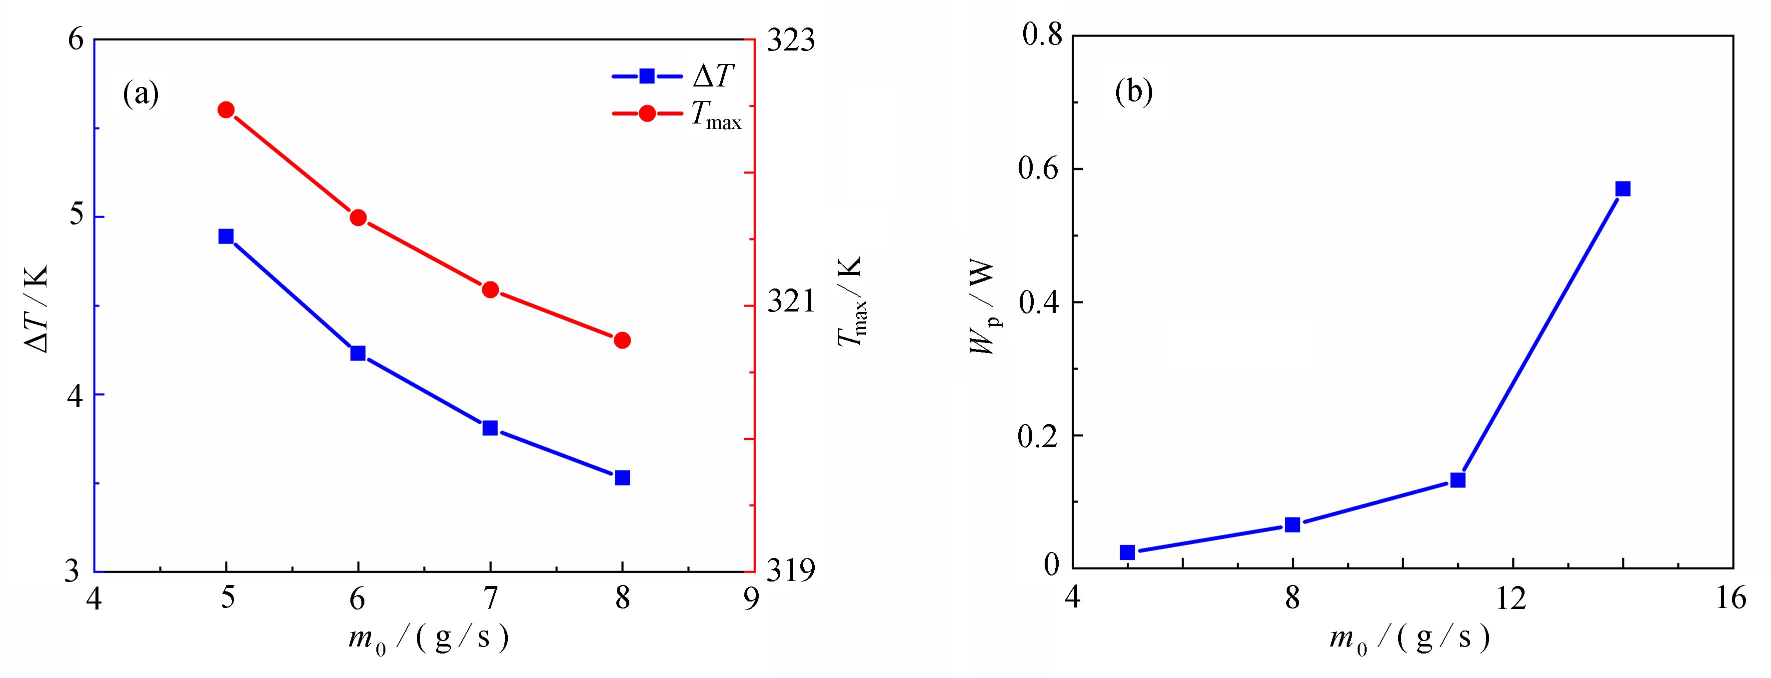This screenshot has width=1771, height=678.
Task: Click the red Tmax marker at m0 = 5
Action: (x=226, y=110)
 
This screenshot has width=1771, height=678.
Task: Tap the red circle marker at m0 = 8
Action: (x=622, y=340)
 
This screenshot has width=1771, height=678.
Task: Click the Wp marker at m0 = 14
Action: (x=1623, y=189)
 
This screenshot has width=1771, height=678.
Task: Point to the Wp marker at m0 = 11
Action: (x=1458, y=480)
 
